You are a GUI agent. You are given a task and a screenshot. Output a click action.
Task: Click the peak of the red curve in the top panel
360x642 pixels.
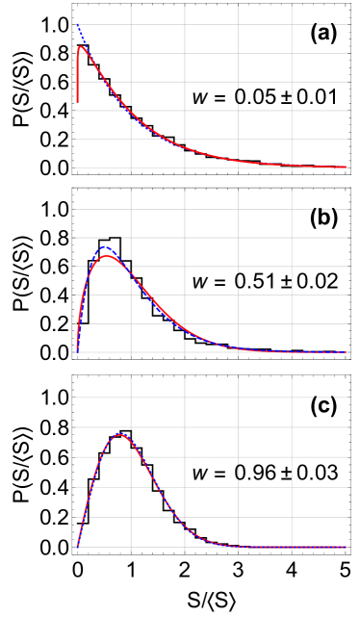pyautogui.click(x=82, y=46)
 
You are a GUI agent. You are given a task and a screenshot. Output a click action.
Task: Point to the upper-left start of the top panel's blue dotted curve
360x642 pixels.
pyautogui.click(x=77, y=24)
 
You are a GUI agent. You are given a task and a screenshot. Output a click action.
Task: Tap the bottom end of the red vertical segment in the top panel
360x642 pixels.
pyautogui.click(x=77, y=102)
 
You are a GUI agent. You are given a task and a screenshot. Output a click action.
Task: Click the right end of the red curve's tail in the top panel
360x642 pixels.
pyautogui.click(x=347, y=167)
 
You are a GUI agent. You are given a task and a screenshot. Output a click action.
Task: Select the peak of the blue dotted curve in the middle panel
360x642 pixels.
pyautogui.click(x=104, y=247)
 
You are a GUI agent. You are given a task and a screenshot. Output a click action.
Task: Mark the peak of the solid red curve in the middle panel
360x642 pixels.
pyautogui.click(x=106, y=255)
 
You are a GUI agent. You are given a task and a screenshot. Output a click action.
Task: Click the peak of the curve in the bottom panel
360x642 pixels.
pyautogui.click(x=120, y=434)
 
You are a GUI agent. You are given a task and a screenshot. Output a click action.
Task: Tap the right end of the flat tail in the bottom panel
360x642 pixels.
pyautogui.click(x=347, y=547)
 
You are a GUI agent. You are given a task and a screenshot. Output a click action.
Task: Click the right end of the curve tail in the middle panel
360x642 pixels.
pyautogui.click(x=347, y=351)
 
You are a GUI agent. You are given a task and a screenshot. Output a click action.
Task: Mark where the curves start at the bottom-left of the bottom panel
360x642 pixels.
pyautogui.click(x=77, y=547)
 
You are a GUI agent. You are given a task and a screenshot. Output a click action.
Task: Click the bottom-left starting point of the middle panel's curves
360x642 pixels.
pyautogui.click(x=77, y=351)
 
